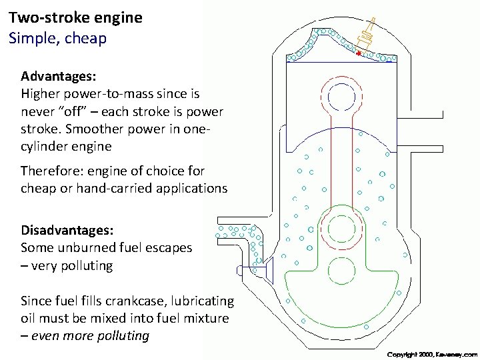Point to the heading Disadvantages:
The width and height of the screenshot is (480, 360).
[x=67, y=230]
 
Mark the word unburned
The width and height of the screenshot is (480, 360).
[x=87, y=247]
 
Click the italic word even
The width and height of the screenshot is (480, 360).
[x=48, y=335]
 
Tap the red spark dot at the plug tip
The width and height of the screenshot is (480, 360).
[x=358, y=53]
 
